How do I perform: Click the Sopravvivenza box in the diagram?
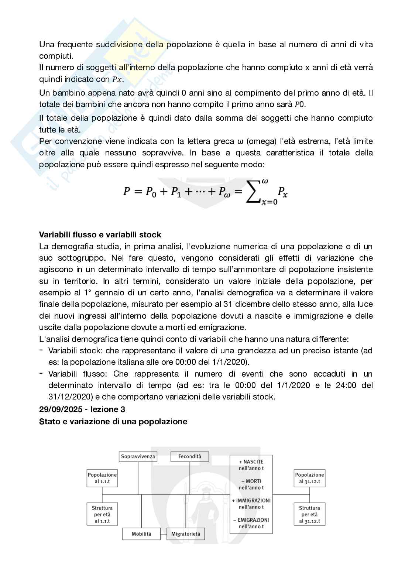[138, 456]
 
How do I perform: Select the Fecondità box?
[189, 456]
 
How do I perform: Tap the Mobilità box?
[142, 534]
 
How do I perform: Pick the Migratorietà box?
[186, 534]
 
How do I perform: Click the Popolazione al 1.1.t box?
[102, 478]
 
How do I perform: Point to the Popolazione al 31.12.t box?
[309, 478]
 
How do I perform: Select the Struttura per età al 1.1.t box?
[102, 514]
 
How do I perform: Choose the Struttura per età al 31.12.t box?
[309, 514]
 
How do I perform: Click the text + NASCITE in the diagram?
[251, 462]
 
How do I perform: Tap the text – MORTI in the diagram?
[251, 481]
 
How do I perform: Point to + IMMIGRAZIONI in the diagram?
[251, 501]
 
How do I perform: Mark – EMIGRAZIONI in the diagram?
[251, 520]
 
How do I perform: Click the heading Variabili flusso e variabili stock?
[100, 235]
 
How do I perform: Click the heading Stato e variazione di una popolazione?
[113, 421]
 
